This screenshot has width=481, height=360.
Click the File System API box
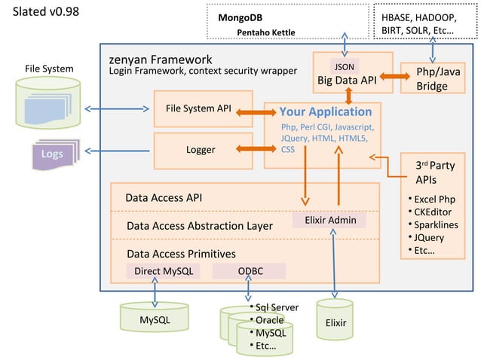198,108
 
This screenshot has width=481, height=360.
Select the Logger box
200,150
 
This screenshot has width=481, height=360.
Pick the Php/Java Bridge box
432,78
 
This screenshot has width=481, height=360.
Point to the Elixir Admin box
329,220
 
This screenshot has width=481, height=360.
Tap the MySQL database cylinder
155,319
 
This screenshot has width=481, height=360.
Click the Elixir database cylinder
335,322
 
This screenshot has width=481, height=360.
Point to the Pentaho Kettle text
265,32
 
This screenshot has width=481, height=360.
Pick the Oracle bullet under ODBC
269,320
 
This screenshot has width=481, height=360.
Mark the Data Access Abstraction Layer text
200,224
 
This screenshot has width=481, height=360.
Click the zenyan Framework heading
161,59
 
